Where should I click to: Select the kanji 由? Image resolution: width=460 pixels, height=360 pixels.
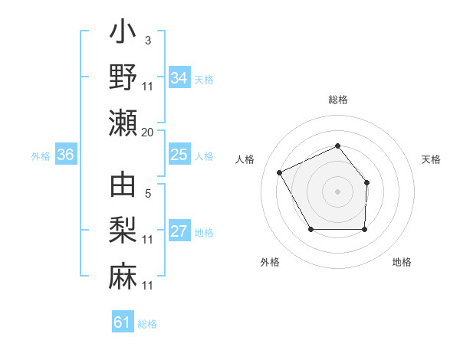pos(123,185)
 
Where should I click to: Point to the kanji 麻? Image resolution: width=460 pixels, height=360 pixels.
pos(123,273)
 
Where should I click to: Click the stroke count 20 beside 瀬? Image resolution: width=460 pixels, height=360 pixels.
pos(147,133)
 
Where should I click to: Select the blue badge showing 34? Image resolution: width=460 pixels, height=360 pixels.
pos(179,77)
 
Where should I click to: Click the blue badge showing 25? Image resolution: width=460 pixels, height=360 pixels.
pos(179,155)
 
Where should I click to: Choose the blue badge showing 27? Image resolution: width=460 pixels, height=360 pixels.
pos(179,232)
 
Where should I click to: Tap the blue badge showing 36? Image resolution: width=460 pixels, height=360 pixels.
pos(66,155)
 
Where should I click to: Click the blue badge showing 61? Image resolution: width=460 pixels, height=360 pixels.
pos(123,322)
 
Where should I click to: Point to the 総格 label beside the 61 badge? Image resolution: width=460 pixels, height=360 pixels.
pos(147,324)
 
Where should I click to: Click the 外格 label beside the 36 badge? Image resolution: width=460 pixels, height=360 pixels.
pos(41,156)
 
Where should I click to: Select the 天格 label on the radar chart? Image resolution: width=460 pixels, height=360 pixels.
pos(432,159)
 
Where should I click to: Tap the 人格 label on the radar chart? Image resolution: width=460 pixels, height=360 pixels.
pos(245,159)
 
